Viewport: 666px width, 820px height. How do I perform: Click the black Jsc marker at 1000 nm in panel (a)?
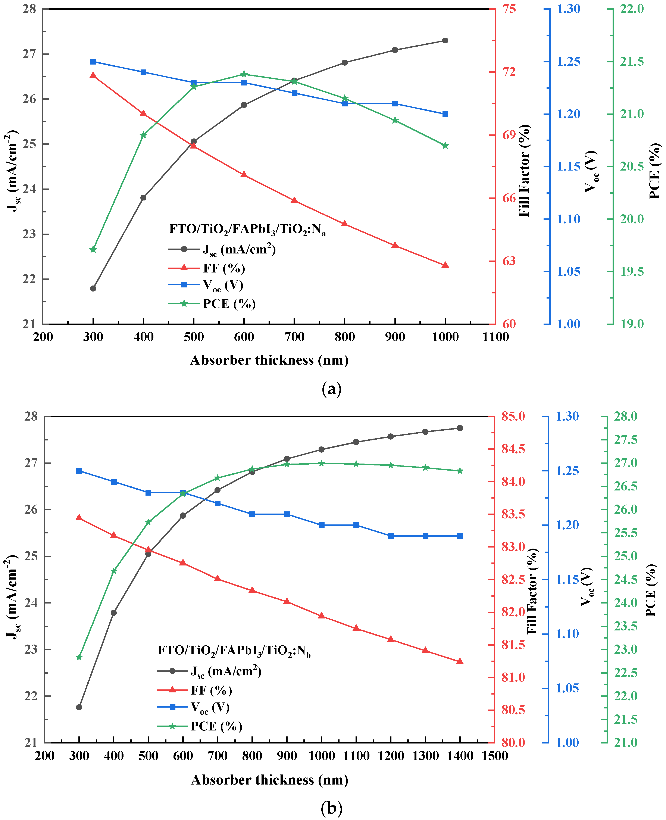(x=445, y=40)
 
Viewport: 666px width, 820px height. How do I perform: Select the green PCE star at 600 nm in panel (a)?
(x=244, y=74)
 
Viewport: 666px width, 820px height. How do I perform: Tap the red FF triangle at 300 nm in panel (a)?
(x=93, y=75)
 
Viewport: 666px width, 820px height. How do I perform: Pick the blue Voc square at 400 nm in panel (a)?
(x=144, y=72)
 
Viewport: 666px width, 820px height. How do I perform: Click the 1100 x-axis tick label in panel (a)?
(x=496, y=337)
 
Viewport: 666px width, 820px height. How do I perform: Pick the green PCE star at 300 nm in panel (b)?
(x=79, y=657)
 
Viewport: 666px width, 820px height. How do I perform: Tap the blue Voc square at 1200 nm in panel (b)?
(x=391, y=536)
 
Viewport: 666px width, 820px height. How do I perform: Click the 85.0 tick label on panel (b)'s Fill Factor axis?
(x=513, y=416)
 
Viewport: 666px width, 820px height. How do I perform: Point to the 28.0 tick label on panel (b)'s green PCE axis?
(x=626, y=416)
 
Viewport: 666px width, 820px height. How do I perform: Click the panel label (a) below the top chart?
(x=331, y=389)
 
